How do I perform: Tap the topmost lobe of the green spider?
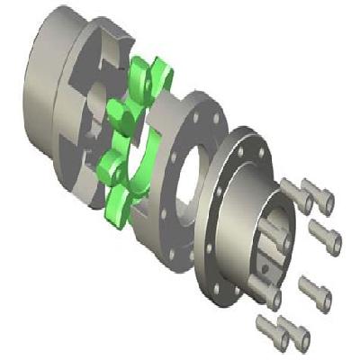point(142,72)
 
